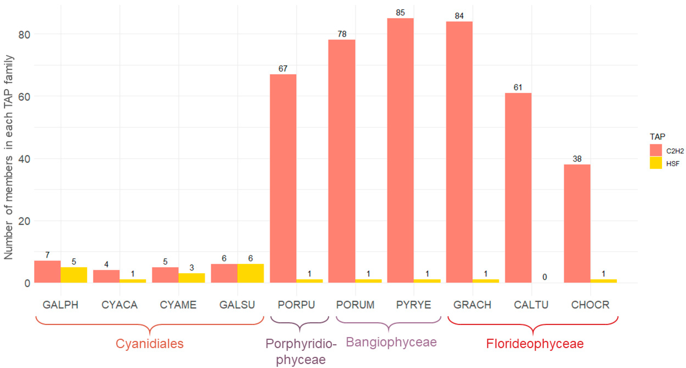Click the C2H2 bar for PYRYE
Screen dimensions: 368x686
[x=400, y=150]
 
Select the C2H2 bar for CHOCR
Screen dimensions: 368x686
[x=577, y=223]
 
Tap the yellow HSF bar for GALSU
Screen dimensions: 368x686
[x=250, y=273]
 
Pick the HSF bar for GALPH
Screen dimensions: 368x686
[x=74, y=275]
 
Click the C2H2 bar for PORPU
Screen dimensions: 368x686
[x=283, y=178]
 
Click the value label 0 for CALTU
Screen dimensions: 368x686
[x=545, y=277]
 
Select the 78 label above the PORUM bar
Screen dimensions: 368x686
[x=342, y=34]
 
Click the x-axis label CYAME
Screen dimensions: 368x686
[x=178, y=305]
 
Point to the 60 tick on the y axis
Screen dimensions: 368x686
[x=24, y=97]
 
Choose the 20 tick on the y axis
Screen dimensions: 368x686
[x=24, y=221]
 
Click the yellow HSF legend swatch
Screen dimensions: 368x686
[x=656, y=163]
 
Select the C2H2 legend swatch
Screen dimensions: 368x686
[x=656, y=150]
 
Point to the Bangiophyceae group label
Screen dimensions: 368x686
[x=391, y=342]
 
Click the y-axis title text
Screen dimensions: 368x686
[x=9, y=157]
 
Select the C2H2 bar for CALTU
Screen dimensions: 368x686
[x=518, y=188]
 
